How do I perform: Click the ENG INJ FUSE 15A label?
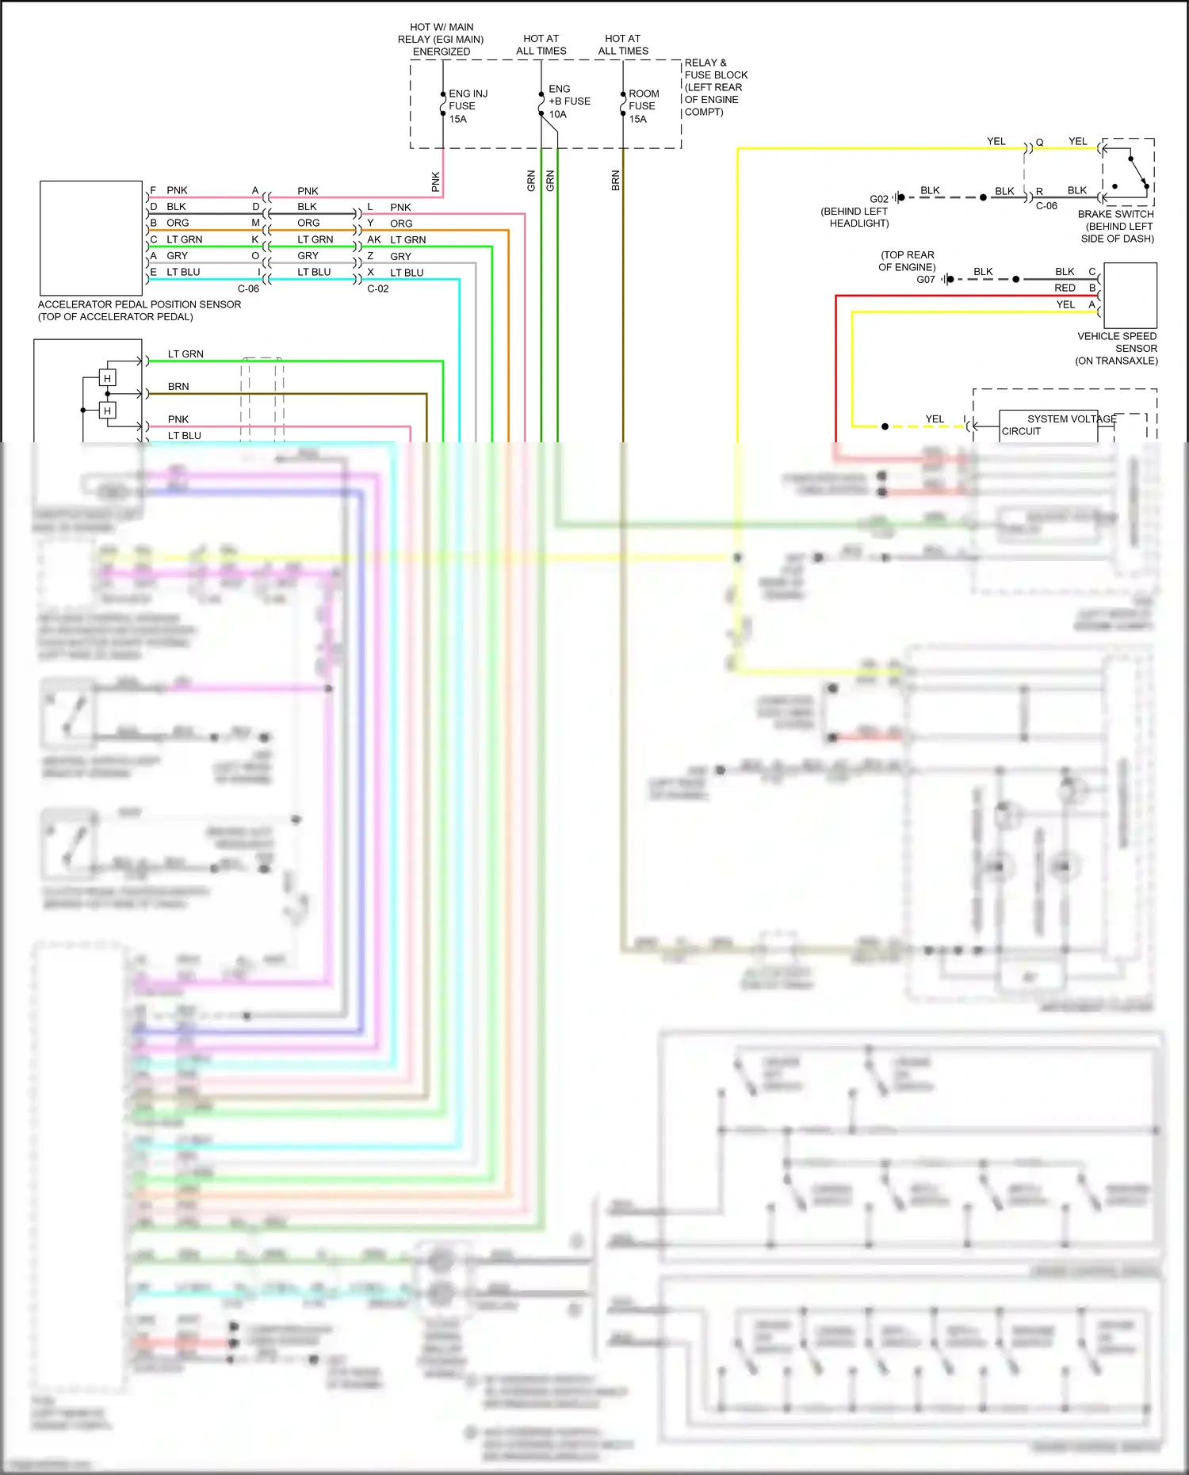point(467,106)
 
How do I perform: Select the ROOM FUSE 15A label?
point(643,106)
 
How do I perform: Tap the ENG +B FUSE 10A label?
point(568,101)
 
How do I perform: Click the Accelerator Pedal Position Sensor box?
point(91,238)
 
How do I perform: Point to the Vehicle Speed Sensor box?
point(1130,295)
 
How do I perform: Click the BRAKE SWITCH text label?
point(1115,214)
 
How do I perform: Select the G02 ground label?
point(878,199)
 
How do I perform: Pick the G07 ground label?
point(925,280)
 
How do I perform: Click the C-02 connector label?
point(378,289)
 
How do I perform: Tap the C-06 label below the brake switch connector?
point(1046,206)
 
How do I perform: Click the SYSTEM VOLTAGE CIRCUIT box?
point(1048,426)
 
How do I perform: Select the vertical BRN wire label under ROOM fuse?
point(616,181)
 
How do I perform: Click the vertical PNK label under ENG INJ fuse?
point(436,182)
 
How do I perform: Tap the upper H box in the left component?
point(107,378)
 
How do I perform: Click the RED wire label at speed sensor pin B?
point(1065,288)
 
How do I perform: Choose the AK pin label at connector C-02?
point(374,239)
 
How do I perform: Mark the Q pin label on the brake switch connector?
point(1039,143)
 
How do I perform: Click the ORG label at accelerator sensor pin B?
point(178,223)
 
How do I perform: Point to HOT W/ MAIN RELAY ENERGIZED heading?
point(441,39)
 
